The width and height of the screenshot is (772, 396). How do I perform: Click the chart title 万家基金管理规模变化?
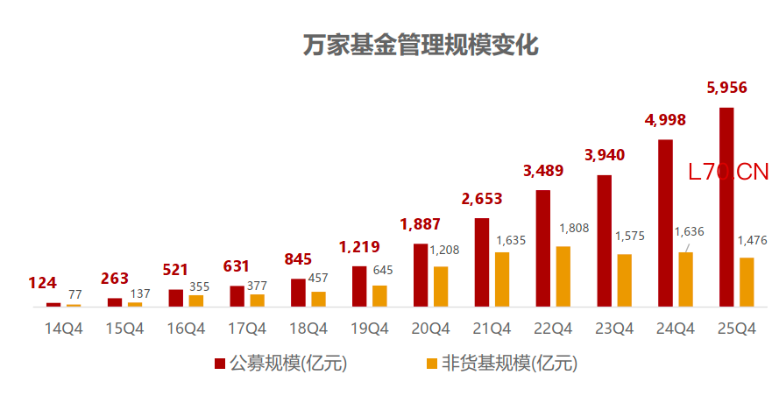tap(421, 45)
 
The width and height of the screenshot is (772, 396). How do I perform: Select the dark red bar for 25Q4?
tap(726, 207)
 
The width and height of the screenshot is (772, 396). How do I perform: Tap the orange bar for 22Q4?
tap(563, 276)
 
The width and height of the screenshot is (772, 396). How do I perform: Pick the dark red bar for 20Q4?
tap(421, 275)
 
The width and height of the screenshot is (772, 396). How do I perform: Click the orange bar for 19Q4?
tap(379, 295)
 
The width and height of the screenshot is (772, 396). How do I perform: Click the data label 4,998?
tap(665, 120)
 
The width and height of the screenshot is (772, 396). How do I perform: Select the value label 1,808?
tap(574, 229)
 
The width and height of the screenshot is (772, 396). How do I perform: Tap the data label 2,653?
tap(481, 199)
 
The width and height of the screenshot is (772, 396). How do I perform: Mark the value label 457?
tap(318, 279)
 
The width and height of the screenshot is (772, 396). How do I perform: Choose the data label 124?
tap(42, 283)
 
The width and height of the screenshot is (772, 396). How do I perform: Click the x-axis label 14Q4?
tap(64, 329)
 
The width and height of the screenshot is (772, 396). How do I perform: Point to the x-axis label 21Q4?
tap(492, 329)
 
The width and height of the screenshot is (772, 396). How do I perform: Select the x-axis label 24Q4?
tap(676, 329)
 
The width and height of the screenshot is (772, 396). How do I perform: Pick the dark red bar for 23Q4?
tap(604, 241)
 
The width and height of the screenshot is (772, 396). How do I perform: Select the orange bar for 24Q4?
tap(685, 279)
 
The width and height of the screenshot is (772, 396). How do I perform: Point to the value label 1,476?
tap(752, 240)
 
